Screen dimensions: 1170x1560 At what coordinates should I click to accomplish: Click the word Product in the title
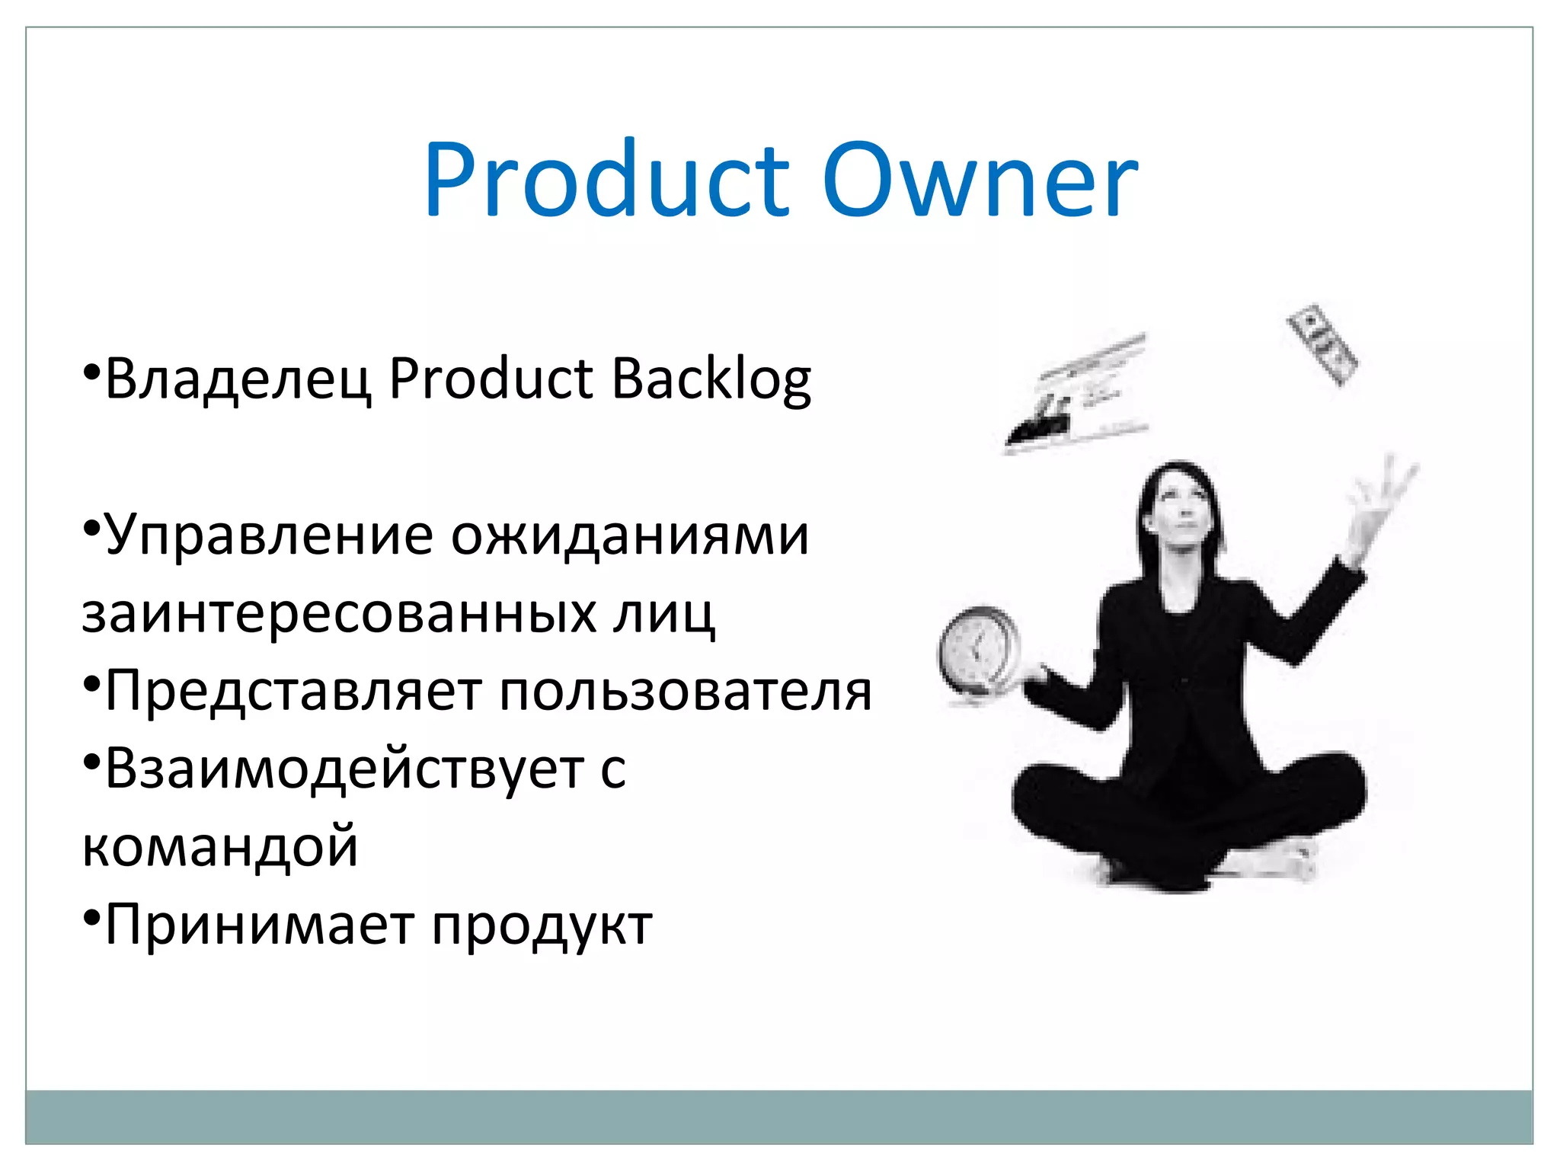pyautogui.click(x=606, y=181)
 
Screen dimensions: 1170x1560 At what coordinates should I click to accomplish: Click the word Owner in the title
pyautogui.click(x=980, y=181)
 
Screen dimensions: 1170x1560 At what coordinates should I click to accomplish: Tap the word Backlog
pyautogui.click(x=711, y=379)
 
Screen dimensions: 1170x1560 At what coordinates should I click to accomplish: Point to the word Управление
pyautogui.click(x=269, y=535)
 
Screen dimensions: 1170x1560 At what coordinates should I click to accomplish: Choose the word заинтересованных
pyautogui.click(x=340, y=613)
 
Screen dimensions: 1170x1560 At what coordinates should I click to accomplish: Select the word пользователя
pyautogui.click(x=686, y=692)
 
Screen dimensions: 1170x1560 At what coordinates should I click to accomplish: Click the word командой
pyautogui.click(x=219, y=847)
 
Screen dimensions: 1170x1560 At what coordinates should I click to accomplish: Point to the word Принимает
pyautogui.click(x=258, y=925)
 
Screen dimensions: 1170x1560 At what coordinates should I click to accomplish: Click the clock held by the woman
pyautogui.click(x=979, y=650)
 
